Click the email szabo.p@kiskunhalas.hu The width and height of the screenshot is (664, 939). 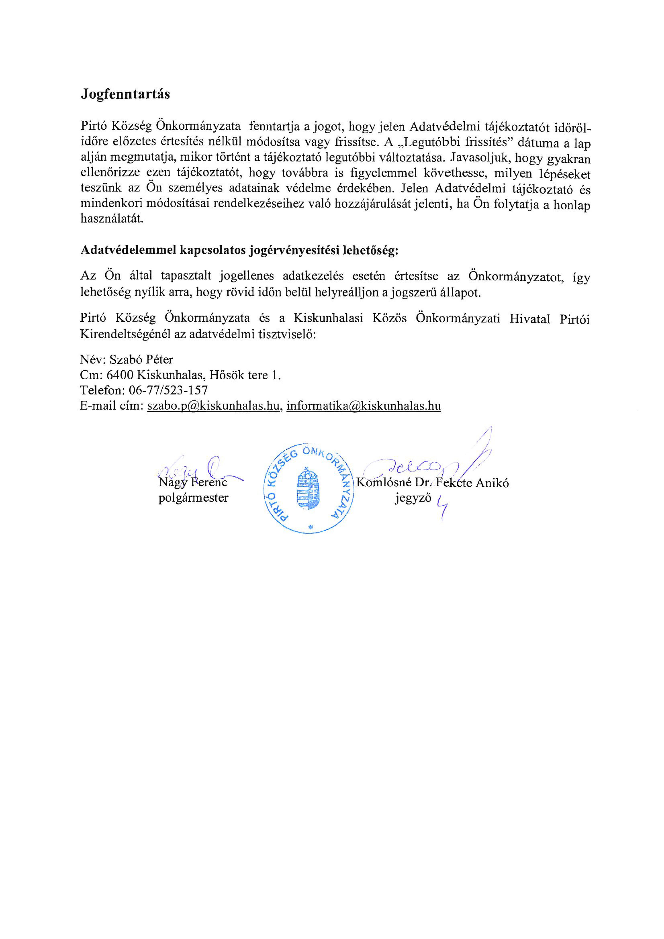(213, 406)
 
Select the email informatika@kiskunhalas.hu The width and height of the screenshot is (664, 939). (363, 406)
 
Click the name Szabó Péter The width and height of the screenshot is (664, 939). (141, 360)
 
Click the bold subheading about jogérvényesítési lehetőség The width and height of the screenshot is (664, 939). (239, 250)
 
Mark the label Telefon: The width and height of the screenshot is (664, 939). (102, 390)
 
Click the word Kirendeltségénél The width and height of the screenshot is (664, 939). (125, 335)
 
